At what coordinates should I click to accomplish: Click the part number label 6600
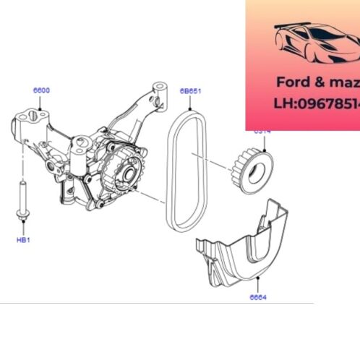click(42, 90)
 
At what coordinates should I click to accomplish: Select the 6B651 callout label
click(190, 90)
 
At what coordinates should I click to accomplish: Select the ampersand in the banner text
click(317, 82)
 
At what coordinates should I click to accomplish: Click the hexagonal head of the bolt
click(22, 213)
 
